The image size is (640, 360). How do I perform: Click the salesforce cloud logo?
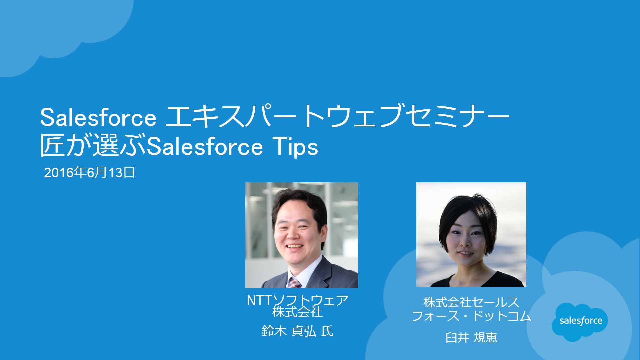(580, 322)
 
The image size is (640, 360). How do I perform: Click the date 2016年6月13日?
(89, 173)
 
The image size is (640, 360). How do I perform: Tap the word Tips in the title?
(295, 147)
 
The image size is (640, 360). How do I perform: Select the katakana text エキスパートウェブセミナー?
(337, 116)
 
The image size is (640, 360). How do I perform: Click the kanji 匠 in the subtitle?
(53, 146)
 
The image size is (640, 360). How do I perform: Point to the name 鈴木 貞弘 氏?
(297, 331)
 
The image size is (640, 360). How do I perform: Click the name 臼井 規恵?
(471, 337)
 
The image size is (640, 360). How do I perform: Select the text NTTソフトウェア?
(298, 300)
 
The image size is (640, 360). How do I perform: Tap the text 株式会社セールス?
(471, 302)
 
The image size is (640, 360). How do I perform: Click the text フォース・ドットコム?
(471, 316)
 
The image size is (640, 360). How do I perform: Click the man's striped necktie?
(295, 283)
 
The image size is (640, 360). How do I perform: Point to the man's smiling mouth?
(295, 247)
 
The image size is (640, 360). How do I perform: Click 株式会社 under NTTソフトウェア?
(297, 312)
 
